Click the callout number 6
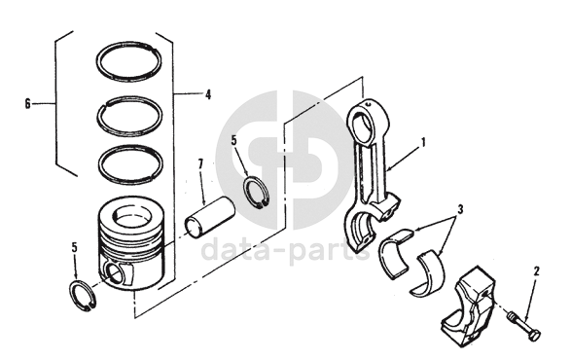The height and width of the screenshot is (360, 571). click(x=27, y=104)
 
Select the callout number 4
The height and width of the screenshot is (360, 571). click(x=207, y=94)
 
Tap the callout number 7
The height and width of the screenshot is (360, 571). click(x=200, y=164)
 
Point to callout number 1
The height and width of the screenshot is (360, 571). click(x=423, y=142)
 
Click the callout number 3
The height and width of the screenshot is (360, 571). click(x=460, y=209)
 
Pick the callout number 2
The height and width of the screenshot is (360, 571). click(x=536, y=271)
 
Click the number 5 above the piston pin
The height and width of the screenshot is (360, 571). click(x=233, y=140)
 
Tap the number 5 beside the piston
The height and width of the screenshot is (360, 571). click(x=74, y=248)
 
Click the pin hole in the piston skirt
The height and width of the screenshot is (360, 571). click(x=115, y=272)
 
